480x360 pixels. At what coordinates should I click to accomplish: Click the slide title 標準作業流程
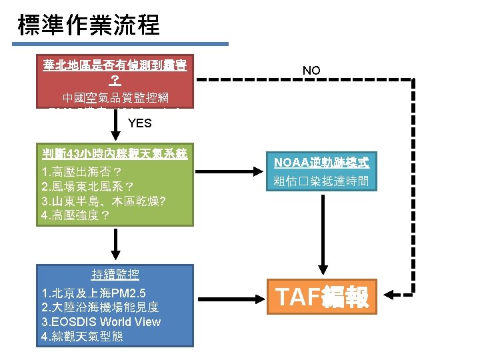pyautogui.click(x=89, y=25)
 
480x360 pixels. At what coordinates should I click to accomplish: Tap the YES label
pyautogui.click(x=139, y=123)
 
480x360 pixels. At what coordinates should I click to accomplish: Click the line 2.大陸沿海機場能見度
pyautogui.click(x=101, y=307)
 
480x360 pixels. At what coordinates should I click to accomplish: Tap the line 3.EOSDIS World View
pyautogui.click(x=101, y=321)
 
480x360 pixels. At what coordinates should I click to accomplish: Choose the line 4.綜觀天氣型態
pyautogui.click(x=82, y=336)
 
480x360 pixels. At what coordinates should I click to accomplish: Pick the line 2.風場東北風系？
pyautogui.click(x=88, y=187)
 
